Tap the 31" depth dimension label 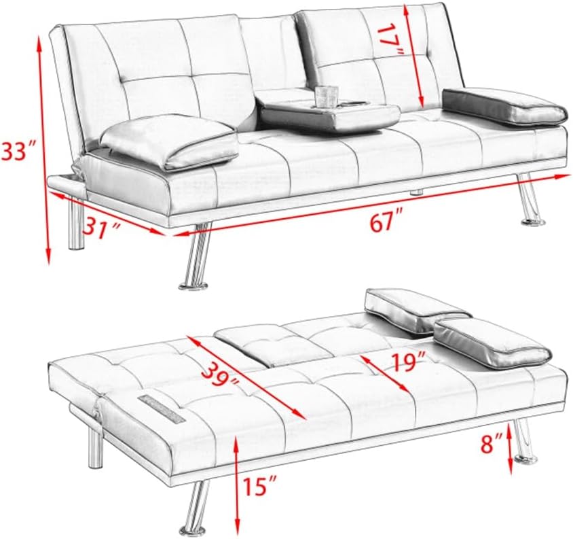101,225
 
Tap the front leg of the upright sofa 195,259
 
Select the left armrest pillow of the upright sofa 168,141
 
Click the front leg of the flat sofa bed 195,507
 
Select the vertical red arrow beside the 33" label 47,150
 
